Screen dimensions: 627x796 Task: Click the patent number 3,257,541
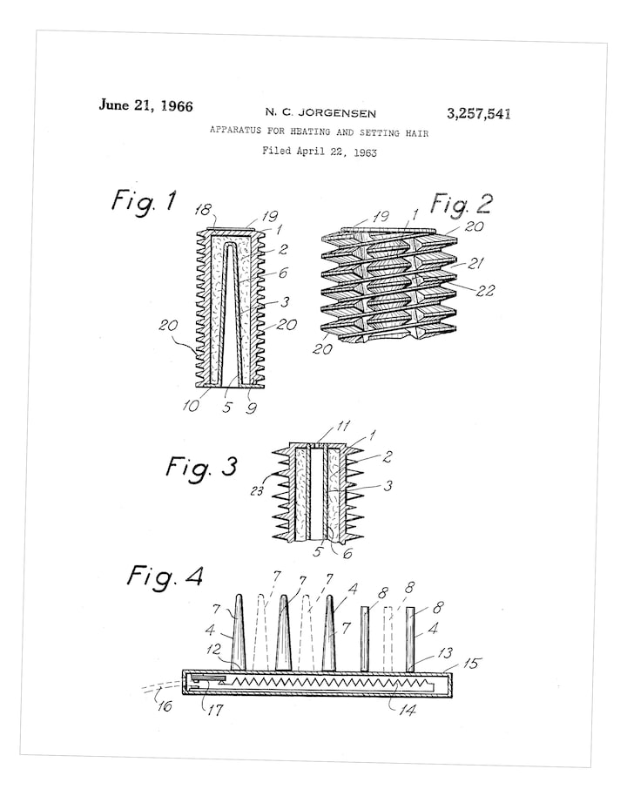point(478,114)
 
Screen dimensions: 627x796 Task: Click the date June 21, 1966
point(145,105)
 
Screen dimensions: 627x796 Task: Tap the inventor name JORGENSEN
point(337,113)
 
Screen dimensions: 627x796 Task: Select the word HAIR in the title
point(416,133)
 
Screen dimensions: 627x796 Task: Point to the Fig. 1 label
point(144,200)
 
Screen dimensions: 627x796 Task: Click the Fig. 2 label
point(461,204)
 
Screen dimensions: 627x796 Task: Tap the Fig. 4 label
point(165,577)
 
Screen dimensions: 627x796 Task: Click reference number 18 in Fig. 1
point(204,210)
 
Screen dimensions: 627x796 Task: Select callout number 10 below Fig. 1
point(191,406)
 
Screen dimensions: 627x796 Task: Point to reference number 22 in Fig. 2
point(485,290)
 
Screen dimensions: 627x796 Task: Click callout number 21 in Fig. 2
point(475,263)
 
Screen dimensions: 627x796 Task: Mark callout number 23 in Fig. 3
point(257,491)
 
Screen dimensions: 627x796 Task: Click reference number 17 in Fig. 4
point(215,709)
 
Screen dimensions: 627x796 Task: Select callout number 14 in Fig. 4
point(408,709)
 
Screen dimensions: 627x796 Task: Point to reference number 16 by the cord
point(165,705)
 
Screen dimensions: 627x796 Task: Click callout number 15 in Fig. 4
point(471,663)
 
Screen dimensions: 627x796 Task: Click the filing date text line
point(320,152)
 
